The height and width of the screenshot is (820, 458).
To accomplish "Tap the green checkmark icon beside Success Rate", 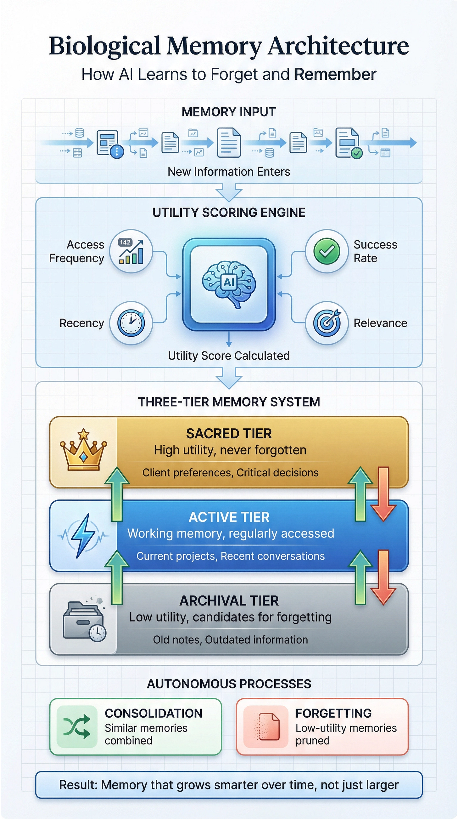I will point(327,251).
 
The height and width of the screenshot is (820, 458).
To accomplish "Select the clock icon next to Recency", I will point(131,323).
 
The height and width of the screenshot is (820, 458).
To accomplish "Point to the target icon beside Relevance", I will point(327,323).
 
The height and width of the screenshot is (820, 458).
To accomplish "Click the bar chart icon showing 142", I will point(131,251).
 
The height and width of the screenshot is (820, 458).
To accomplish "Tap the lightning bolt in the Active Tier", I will point(83,535).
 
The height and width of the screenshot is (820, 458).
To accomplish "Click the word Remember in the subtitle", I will point(335,75).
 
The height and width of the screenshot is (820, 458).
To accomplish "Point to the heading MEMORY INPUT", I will point(229,112).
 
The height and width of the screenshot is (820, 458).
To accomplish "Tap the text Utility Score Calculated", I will point(229,356).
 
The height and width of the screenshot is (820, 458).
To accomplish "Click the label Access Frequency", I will point(77,251).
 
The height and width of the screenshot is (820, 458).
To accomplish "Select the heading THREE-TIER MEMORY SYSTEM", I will point(229,402).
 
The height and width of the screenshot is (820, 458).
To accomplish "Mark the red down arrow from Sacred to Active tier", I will point(383,493).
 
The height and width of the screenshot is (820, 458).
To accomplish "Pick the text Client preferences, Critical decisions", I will point(230,473).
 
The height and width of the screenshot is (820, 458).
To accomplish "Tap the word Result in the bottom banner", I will point(78,785).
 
